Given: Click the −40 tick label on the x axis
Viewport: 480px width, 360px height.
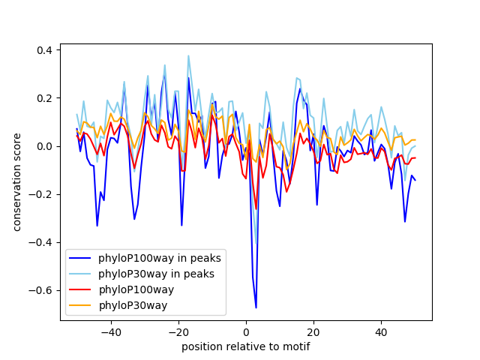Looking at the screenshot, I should click(x=110, y=332).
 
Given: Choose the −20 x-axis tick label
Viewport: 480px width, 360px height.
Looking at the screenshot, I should click(x=178, y=332).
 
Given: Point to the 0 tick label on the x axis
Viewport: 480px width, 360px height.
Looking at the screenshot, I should click(x=246, y=332).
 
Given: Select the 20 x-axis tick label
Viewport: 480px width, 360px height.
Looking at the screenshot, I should click(x=313, y=332).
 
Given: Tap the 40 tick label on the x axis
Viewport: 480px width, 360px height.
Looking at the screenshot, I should click(x=381, y=332).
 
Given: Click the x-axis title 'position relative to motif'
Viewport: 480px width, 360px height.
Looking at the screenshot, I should click(x=245, y=346).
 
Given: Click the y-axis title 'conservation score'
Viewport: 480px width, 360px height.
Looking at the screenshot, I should click(x=16, y=182).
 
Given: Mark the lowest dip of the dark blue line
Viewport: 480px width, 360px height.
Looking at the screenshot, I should click(x=256, y=307).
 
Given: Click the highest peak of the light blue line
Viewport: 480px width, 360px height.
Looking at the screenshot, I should click(x=188, y=55).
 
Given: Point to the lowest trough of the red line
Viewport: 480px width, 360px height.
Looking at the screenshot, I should click(x=256, y=208).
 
